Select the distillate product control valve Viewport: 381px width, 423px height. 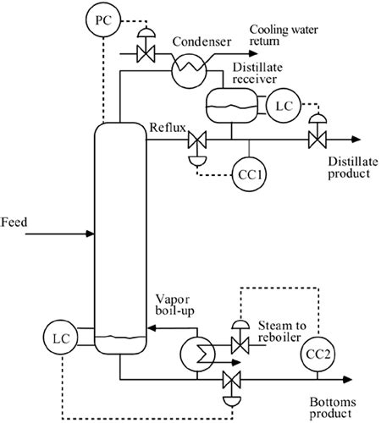click(317, 139)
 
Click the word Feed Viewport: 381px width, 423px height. click(14, 222)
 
